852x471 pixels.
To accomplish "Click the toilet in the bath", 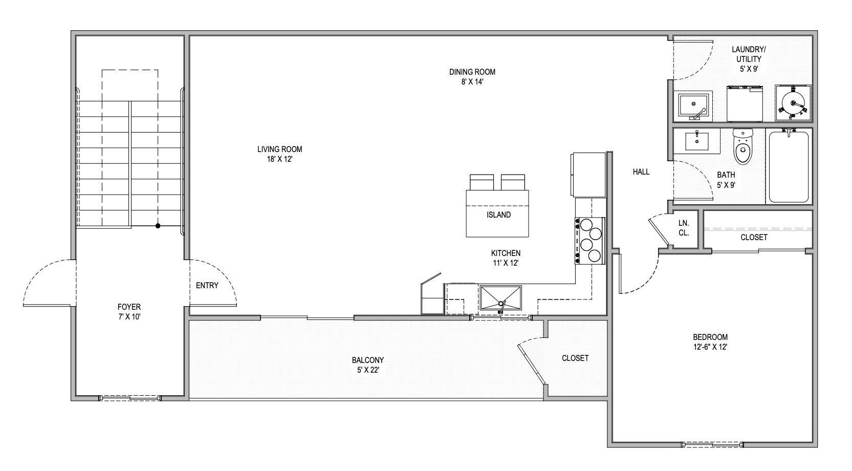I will (x=742, y=147).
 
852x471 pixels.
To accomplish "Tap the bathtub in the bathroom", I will (x=789, y=166).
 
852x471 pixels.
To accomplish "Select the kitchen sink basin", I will (x=500, y=298).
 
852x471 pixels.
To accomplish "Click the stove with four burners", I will (x=591, y=240).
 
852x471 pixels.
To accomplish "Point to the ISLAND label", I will (x=498, y=215).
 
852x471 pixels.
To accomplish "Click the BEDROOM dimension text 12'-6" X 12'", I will (x=710, y=347).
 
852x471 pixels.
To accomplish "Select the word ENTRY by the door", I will (x=207, y=285).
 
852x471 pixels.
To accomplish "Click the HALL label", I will (x=641, y=172).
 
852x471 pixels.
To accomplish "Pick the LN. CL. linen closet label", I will (x=684, y=228).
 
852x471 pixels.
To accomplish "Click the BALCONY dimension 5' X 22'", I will (x=368, y=369).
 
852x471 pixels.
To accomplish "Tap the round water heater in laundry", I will (x=793, y=103).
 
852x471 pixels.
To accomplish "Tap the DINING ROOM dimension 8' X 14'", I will (x=472, y=81).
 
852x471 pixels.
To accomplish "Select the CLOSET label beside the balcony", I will (x=575, y=358).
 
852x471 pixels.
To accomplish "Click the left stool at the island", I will (x=482, y=182).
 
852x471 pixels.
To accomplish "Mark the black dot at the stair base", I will (x=158, y=225).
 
